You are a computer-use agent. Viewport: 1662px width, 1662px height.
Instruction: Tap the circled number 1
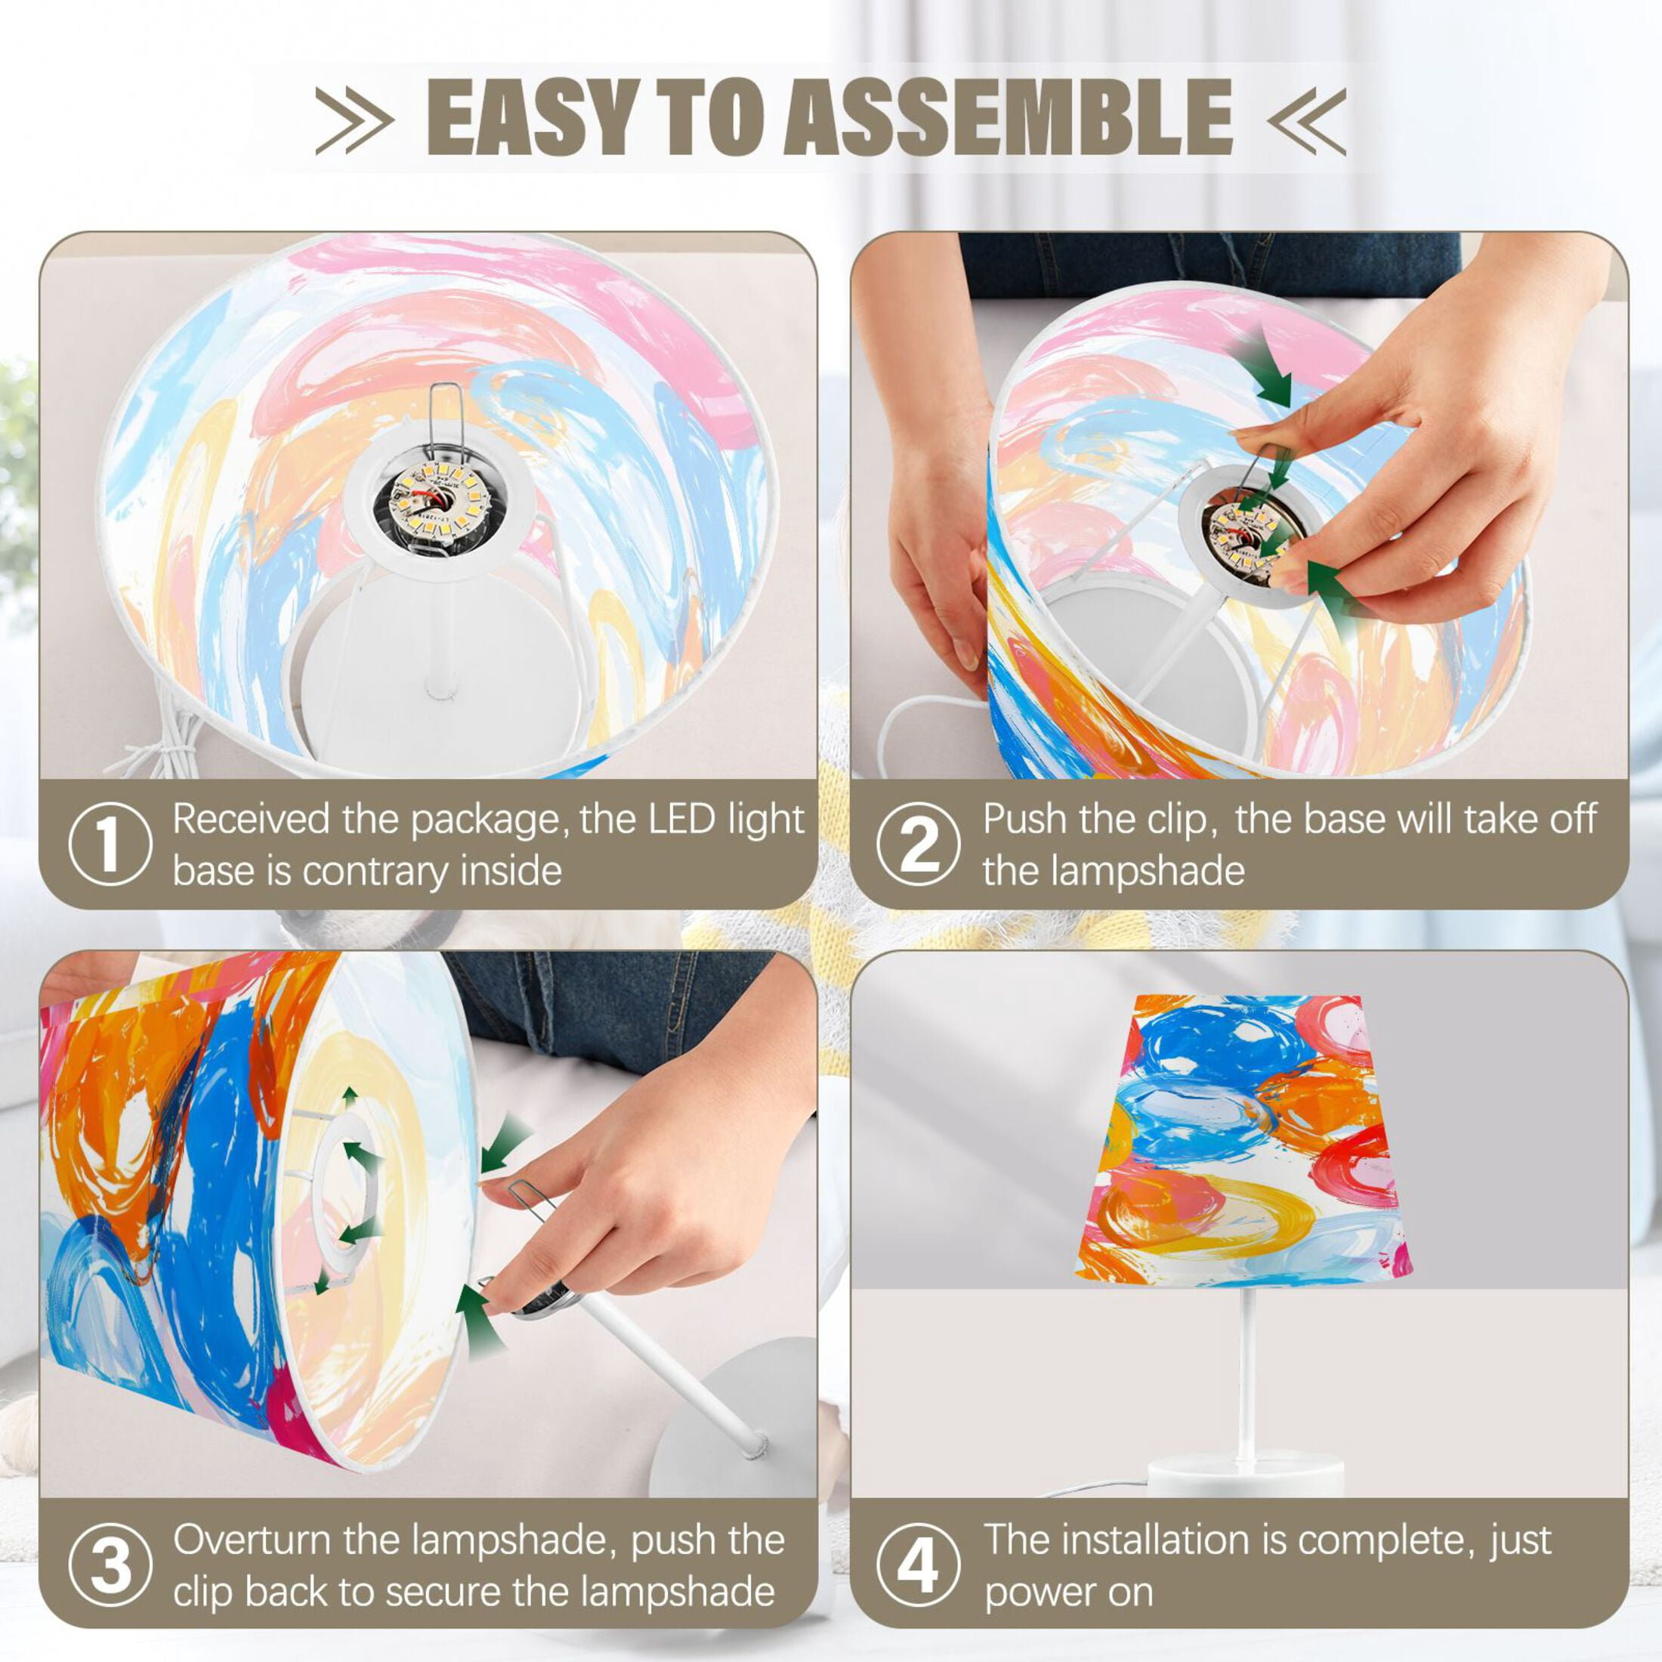(x=110, y=845)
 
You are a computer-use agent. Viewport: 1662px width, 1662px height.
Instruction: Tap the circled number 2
(x=919, y=845)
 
